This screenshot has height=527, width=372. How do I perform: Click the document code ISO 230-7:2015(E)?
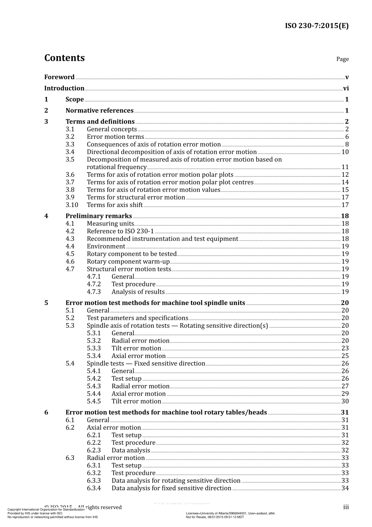316,26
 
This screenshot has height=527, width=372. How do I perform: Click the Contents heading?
64,58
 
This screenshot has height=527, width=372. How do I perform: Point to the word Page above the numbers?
342,59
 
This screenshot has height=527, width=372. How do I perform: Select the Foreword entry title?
59,77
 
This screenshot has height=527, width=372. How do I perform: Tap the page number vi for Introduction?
346,89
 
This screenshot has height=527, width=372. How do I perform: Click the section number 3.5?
70,160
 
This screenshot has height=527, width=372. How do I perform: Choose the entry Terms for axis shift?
115,205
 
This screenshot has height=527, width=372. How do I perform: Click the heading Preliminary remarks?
99,216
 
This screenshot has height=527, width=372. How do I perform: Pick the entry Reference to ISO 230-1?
120,231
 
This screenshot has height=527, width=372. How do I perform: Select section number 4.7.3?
94,292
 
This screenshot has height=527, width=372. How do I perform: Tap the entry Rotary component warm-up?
128,262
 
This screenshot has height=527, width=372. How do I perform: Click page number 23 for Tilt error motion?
345,349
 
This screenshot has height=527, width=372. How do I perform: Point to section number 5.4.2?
94,379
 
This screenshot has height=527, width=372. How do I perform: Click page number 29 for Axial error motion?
345,394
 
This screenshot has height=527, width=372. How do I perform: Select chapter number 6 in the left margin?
46,413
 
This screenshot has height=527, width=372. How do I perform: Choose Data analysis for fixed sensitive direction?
171,489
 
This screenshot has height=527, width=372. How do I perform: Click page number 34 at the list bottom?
345,489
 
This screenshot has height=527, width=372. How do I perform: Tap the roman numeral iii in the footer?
346,507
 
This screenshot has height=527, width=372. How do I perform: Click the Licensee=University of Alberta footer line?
230,513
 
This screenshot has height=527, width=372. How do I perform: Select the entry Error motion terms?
115,137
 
